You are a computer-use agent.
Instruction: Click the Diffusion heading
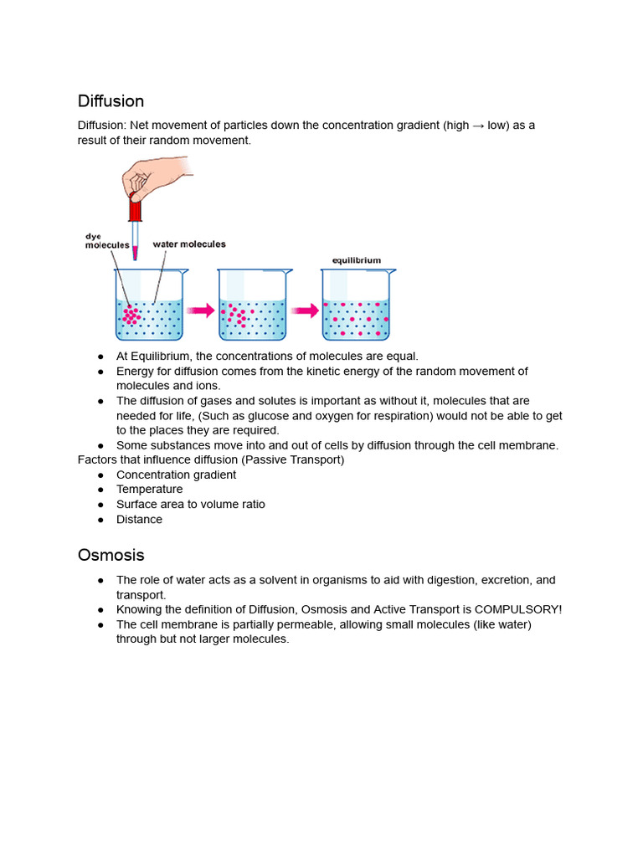tap(111, 101)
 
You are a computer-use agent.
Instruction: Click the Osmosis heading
tap(111, 555)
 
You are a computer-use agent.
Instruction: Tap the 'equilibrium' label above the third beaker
tap(356, 260)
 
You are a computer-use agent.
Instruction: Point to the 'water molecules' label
tap(188, 244)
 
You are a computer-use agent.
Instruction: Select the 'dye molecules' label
tap(106, 241)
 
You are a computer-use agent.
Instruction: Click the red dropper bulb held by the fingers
tap(135, 208)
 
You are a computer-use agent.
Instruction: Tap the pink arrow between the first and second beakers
tap(200, 310)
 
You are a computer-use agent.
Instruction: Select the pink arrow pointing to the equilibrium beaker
tap(305, 310)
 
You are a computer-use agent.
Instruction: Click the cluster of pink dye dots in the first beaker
tap(131, 316)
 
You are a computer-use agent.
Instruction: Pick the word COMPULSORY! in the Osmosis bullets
tap(518, 609)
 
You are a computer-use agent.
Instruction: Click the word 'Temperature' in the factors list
tap(149, 490)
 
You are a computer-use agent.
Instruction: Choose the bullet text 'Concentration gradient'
tap(176, 475)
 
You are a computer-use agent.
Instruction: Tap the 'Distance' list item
tap(139, 520)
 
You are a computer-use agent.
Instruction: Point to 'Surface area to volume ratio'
tap(190, 505)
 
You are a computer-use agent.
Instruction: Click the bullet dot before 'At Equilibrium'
tap(100, 357)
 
